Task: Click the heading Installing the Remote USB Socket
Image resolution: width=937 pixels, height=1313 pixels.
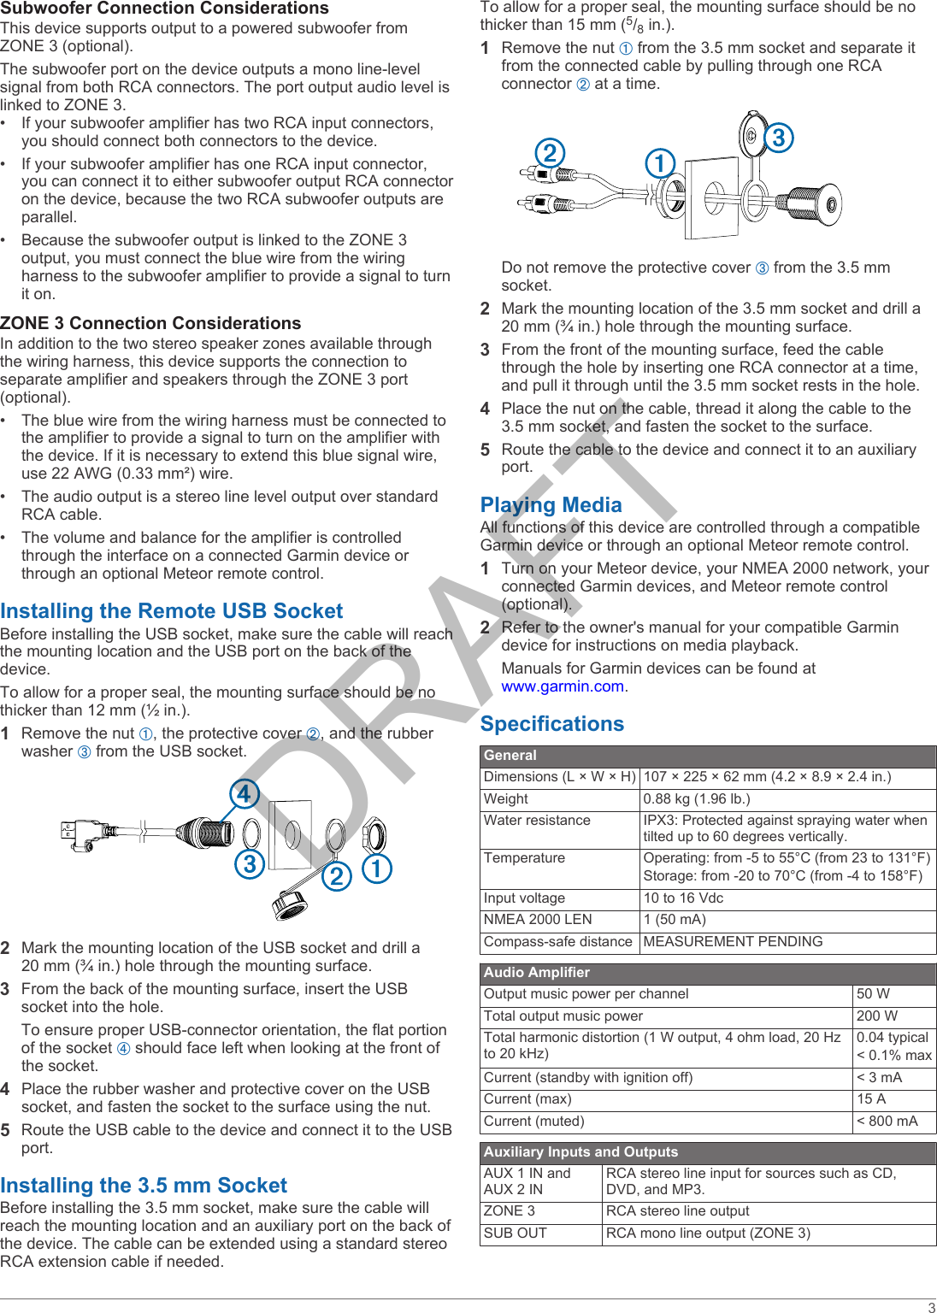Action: (171, 611)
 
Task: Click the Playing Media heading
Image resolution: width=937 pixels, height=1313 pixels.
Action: (551, 505)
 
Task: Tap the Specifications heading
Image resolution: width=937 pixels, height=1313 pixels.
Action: (551, 724)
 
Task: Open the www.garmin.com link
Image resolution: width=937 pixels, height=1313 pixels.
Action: (563, 686)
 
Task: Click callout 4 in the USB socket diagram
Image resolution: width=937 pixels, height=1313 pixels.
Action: (244, 794)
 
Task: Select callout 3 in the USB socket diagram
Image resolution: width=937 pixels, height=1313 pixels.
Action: (249, 864)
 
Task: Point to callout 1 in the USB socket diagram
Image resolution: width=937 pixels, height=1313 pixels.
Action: (376, 868)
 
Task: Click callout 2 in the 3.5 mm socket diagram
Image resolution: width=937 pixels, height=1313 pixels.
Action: (550, 153)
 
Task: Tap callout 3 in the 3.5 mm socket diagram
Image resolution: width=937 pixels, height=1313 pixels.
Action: (778, 138)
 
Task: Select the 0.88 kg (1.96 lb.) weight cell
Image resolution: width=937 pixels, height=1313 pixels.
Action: (697, 799)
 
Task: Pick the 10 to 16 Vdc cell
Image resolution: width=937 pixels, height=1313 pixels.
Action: (683, 898)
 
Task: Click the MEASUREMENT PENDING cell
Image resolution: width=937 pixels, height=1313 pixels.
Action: (733, 942)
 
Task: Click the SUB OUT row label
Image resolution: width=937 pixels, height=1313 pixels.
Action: (515, 1234)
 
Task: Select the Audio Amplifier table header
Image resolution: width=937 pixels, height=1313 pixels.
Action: (537, 973)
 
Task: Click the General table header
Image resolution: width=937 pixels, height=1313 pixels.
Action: (510, 756)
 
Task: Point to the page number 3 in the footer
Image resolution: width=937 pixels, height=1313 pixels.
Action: (931, 1307)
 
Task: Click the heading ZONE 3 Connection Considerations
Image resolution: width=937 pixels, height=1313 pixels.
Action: (150, 323)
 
